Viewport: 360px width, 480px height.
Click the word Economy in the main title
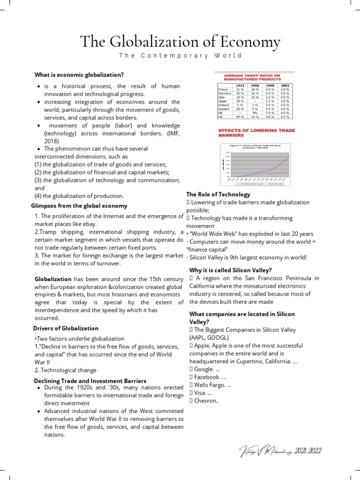pos(251,42)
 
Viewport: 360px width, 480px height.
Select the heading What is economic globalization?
pos(79,75)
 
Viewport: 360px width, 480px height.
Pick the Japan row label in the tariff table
pos(223,100)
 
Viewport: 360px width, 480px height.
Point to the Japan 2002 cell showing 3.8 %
pos(285,100)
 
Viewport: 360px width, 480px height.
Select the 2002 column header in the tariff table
pos(285,86)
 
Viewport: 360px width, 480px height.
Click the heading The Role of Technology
pos(218,194)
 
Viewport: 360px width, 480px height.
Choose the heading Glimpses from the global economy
pos(79,206)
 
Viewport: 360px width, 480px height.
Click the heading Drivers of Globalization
pos(66,328)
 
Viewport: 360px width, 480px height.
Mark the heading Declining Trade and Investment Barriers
pos(90,381)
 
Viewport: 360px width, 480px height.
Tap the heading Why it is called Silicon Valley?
pos(230,270)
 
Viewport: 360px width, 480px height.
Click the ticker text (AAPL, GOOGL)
pos(209,337)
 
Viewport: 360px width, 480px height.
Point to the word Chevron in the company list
pos(206,401)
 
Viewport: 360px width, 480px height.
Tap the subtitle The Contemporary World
pos(180,55)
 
